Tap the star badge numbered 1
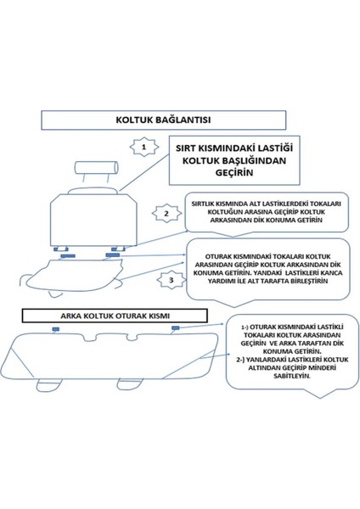144,146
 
